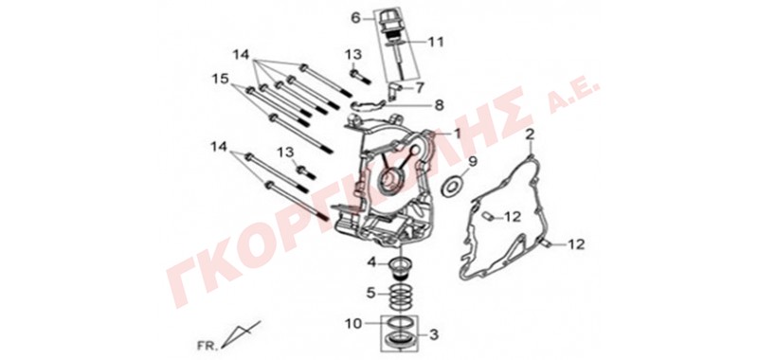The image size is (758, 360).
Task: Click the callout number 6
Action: (356, 18)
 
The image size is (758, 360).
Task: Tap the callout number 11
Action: (435, 42)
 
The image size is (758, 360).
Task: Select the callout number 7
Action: (419, 88)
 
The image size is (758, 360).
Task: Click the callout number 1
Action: (458, 133)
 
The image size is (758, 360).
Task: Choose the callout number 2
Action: (530, 134)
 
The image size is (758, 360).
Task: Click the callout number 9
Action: (471, 161)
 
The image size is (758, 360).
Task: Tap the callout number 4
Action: (371, 262)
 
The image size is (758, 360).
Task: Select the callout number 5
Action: (371, 293)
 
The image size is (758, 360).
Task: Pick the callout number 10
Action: (353, 323)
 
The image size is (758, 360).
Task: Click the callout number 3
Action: (434, 333)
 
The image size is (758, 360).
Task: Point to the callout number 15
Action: (221, 79)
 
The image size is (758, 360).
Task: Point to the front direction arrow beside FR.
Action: (242, 333)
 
